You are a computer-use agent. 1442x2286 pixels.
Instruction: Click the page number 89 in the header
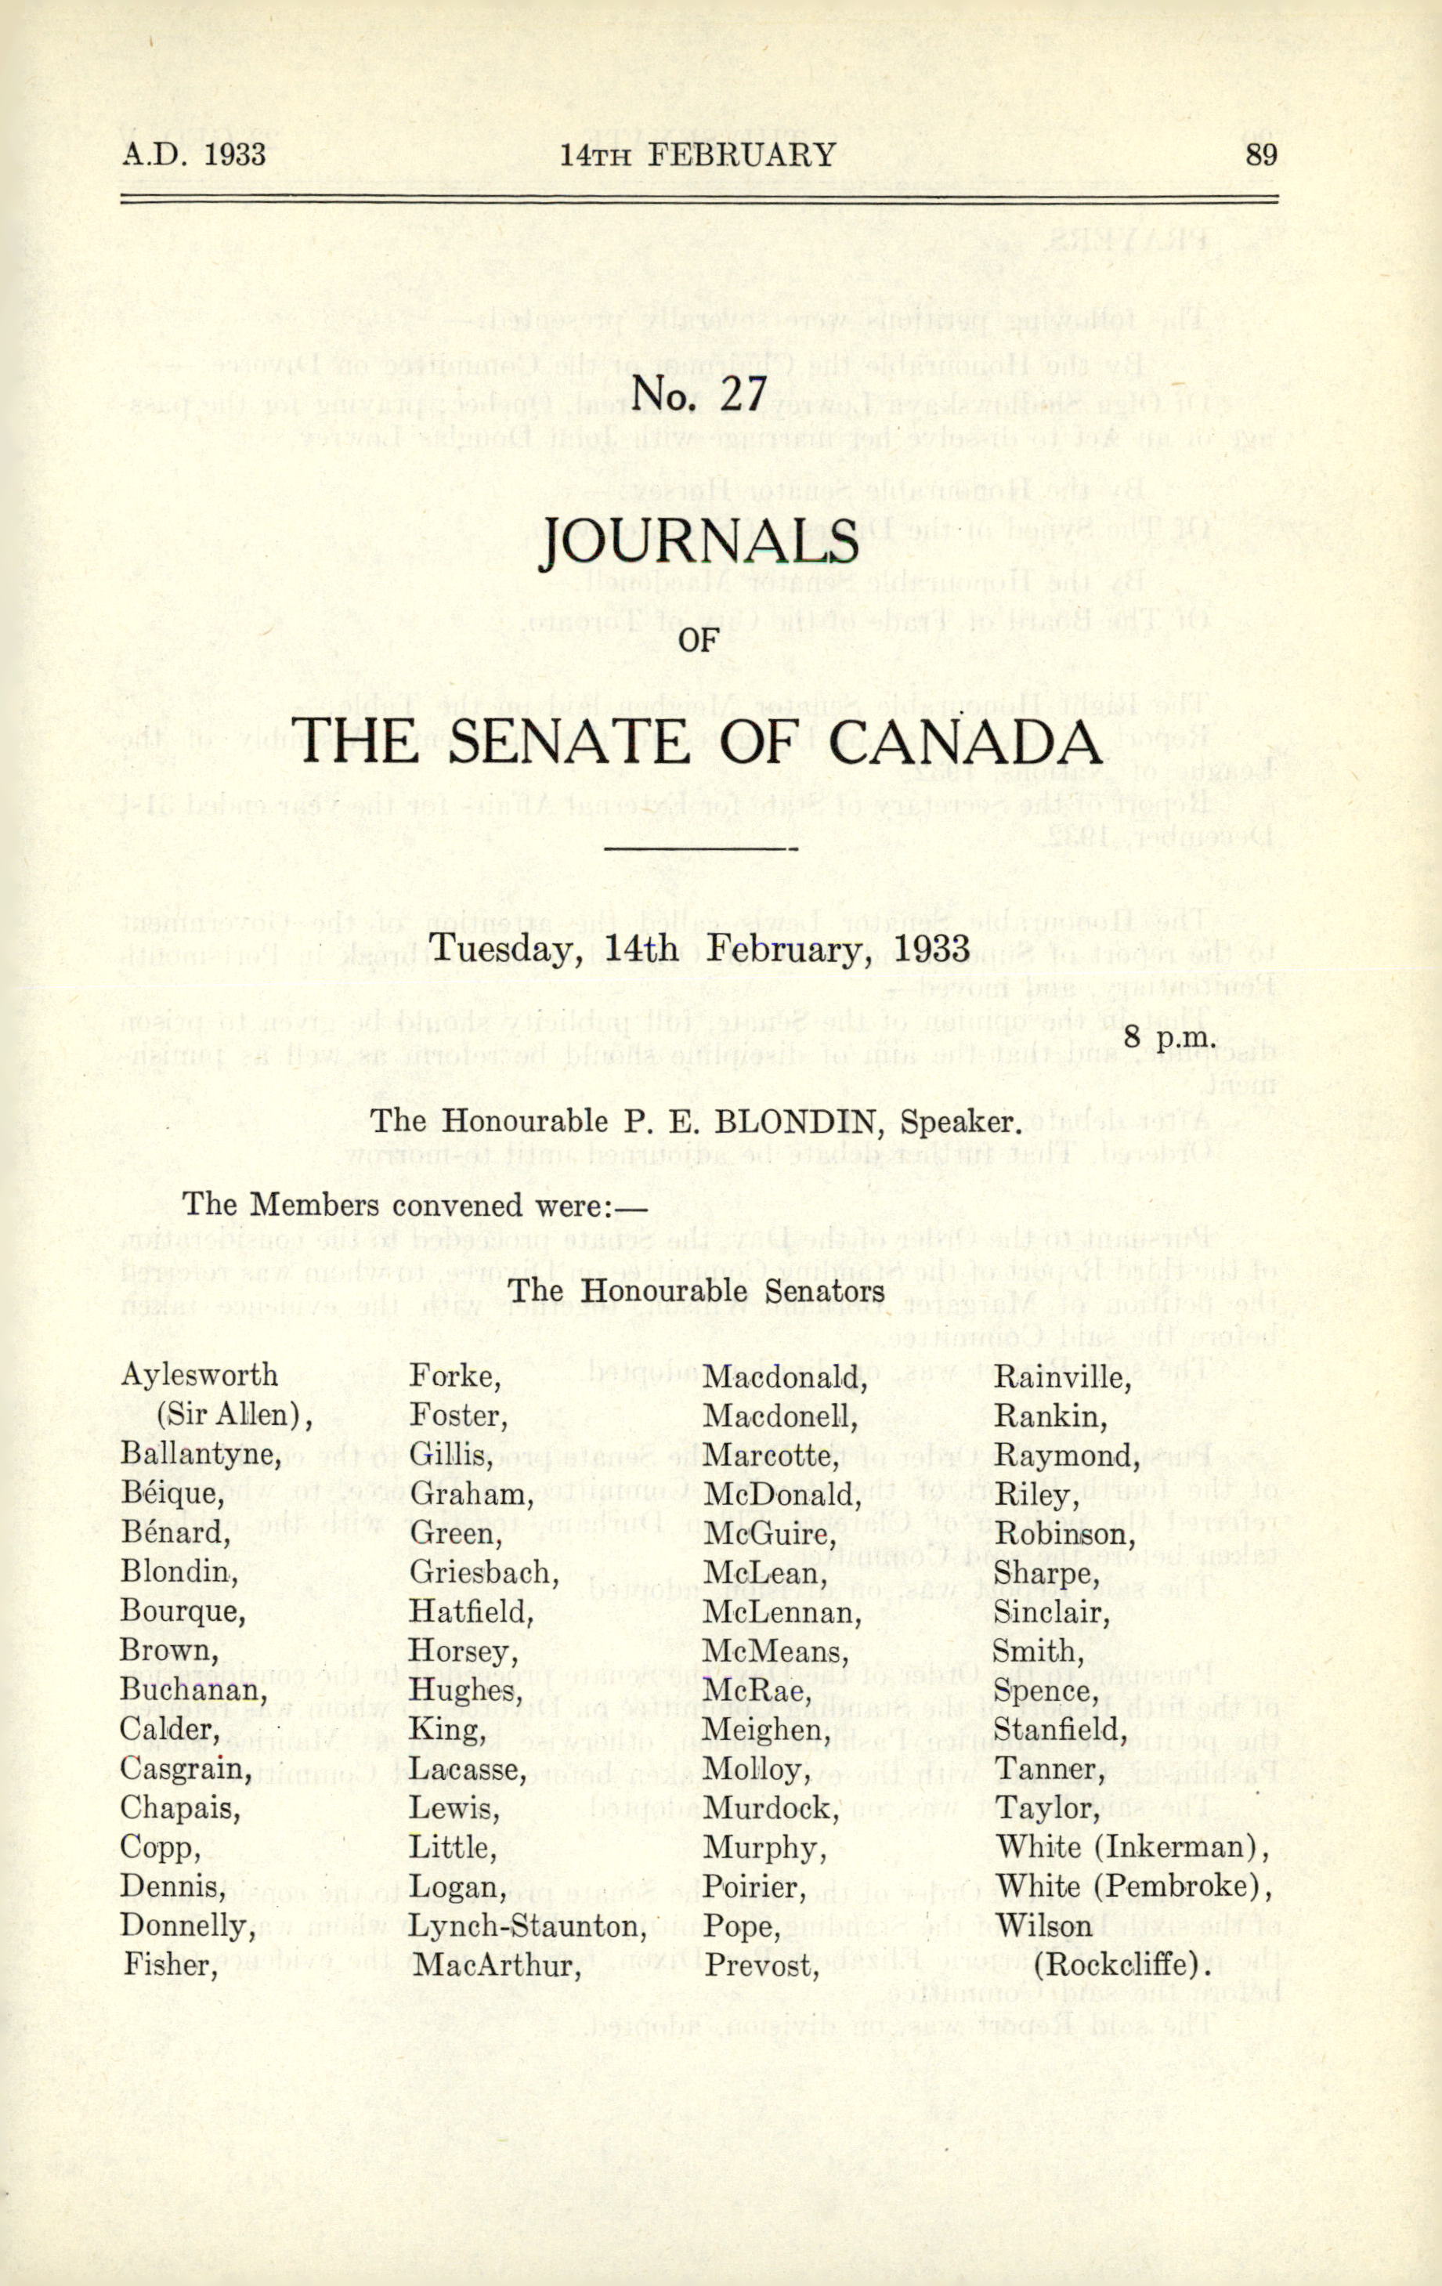(1261, 155)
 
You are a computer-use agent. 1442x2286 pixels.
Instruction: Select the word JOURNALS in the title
(699, 543)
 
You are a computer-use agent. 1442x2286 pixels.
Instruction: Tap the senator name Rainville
(1063, 1376)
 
